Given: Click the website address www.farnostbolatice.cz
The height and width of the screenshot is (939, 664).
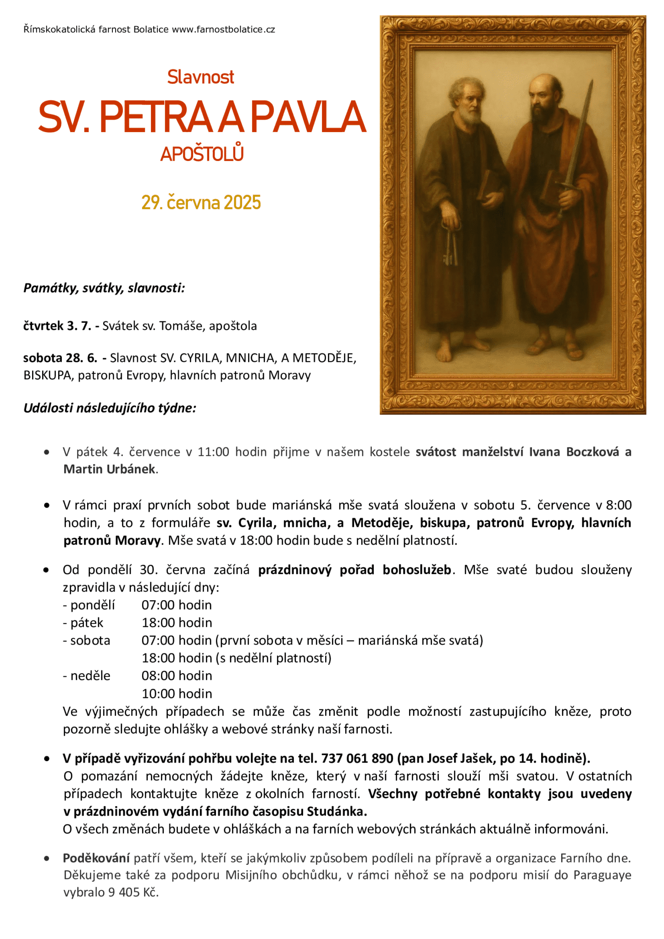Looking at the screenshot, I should click(x=223, y=30).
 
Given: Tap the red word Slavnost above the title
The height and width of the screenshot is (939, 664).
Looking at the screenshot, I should click(x=200, y=77).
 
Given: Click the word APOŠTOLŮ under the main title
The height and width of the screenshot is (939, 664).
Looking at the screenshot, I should click(x=202, y=154).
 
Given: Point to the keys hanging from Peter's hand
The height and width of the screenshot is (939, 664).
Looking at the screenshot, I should click(x=450, y=248).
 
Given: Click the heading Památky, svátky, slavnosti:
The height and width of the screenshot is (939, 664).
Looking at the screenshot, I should click(x=104, y=288).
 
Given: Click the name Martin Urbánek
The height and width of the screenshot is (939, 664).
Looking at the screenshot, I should click(x=109, y=469).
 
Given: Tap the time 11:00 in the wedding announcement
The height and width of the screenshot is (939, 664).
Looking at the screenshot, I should click(x=213, y=452).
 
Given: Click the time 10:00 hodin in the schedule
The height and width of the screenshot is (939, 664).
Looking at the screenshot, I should click(x=177, y=694).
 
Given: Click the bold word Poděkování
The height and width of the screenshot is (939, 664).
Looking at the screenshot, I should click(x=96, y=858).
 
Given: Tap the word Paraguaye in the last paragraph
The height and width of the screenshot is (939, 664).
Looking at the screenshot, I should click(x=602, y=875).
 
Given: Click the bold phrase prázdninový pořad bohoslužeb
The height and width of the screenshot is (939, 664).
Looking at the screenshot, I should click(x=354, y=570).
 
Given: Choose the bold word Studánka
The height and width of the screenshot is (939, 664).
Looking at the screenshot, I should click(x=337, y=812).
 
